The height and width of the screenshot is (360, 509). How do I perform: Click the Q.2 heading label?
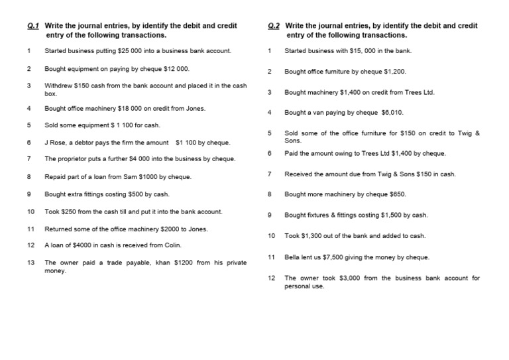pyautogui.click(x=274, y=26)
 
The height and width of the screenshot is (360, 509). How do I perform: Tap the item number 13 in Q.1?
pyautogui.click(x=30, y=263)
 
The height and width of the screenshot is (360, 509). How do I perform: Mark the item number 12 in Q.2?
pyautogui.click(x=271, y=278)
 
